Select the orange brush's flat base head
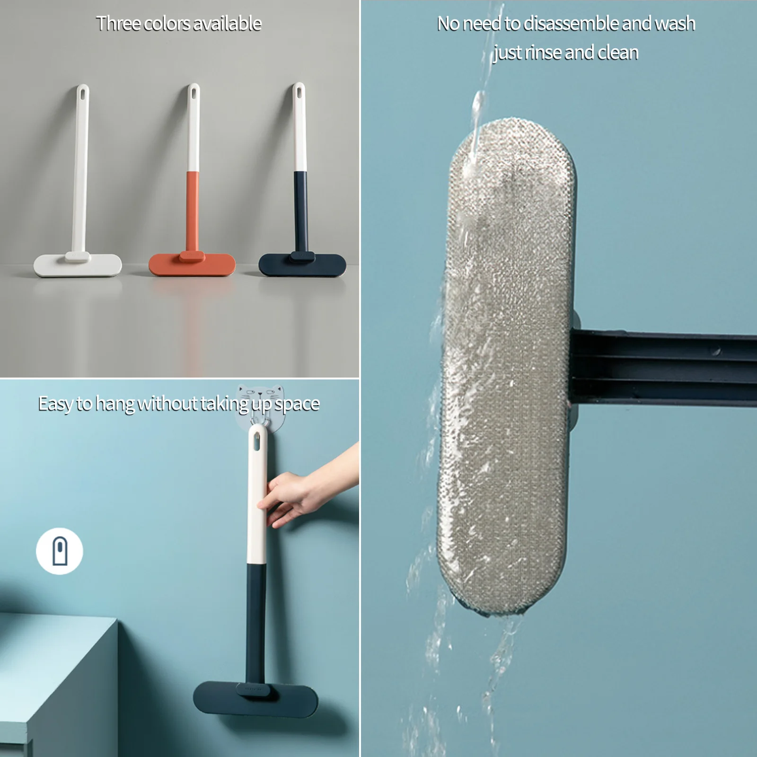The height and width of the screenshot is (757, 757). (192, 265)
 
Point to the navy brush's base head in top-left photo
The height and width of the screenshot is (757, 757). (302, 265)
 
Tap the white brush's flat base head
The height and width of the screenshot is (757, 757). (78, 265)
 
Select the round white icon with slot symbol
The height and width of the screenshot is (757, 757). (60, 551)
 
